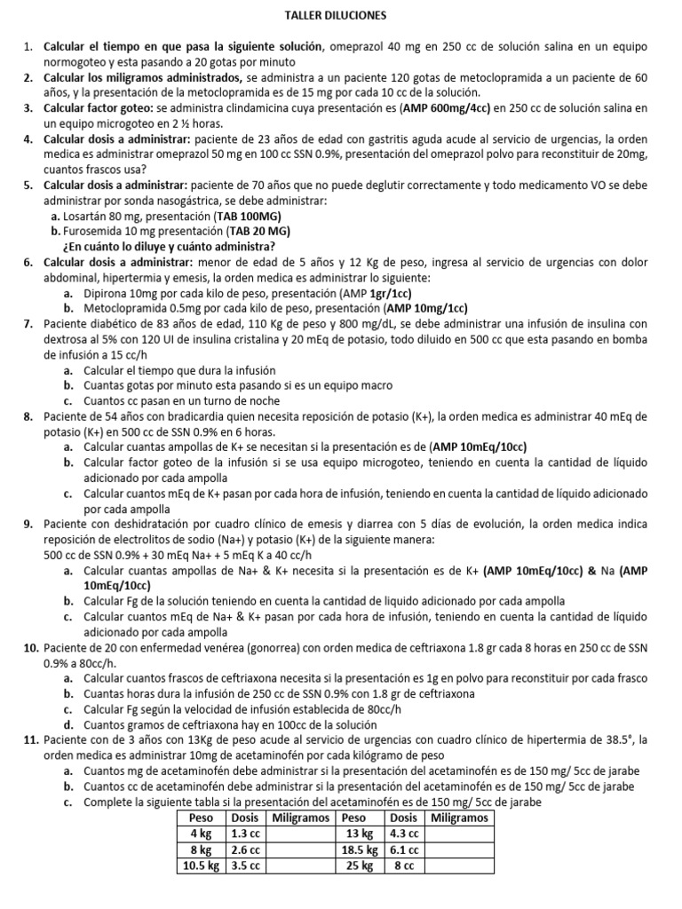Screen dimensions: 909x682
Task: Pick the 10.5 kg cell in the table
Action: click(x=201, y=865)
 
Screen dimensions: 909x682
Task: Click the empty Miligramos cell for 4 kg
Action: click(x=301, y=834)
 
